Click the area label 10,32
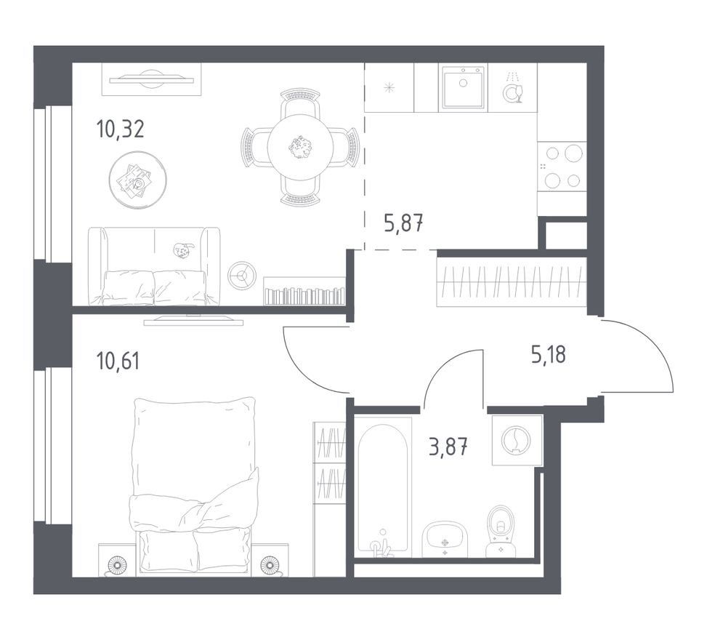coord(120,129)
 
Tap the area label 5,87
coord(403,223)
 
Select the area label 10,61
coord(118,361)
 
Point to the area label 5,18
coord(549,354)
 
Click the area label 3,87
coord(448,448)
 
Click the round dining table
coord(300,147)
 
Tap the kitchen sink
coord(464,87)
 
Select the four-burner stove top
coord(562,166)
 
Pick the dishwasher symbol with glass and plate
coord(513,89)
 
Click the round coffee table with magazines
coord(138,180)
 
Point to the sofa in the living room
coord(154,266)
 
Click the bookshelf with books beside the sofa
coord(304,291)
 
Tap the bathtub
coord(383,487)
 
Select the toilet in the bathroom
coord(501,531)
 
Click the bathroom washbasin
coord(445,539)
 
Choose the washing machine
coord(517,440)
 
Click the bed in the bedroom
coord(194,487)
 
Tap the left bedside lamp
coord(117,566)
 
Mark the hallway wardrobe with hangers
coord(512,282)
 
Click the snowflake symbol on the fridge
coord(389,87)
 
